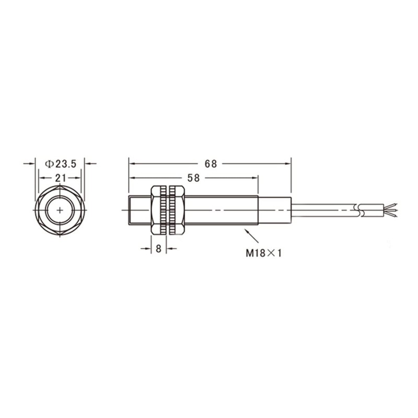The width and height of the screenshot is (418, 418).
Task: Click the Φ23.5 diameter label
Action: tap(60, 164)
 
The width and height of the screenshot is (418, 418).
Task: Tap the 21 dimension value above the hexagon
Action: tap(60, 178)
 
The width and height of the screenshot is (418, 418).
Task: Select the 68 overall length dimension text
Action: tap(211, 164)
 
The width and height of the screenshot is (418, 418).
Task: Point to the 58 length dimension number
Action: tap(193, 178)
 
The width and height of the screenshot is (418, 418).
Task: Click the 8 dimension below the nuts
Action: tap(158, 249)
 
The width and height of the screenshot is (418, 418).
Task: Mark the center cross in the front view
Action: tap(60, 210)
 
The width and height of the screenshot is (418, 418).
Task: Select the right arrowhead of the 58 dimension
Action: tap(255, 178)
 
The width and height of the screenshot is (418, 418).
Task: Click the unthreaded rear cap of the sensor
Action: tap(274, 210)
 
